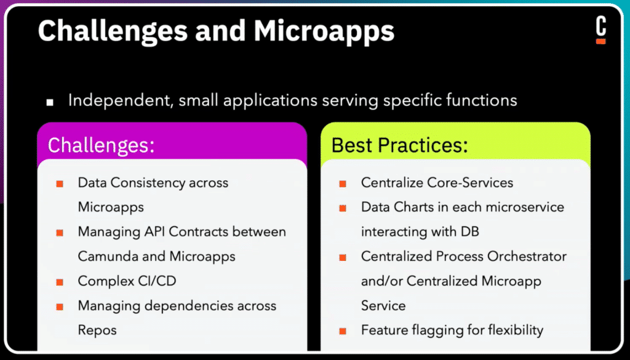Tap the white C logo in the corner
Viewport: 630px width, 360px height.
[x=600, y=26]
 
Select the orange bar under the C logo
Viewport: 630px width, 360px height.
[x=600, y=41]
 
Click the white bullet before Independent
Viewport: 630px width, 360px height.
[x=50, y=102]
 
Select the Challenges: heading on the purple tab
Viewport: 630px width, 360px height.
[x=101, y=145]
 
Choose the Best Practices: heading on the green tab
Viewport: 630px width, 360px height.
[x=400, y=145]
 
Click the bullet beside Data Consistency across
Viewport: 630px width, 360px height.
[x=60, y=184]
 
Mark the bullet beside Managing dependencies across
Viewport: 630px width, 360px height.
[x=60, y=307]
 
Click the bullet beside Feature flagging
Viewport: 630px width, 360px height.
[x=343, y=332]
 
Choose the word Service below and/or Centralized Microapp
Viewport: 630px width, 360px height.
[x=383, y=306]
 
